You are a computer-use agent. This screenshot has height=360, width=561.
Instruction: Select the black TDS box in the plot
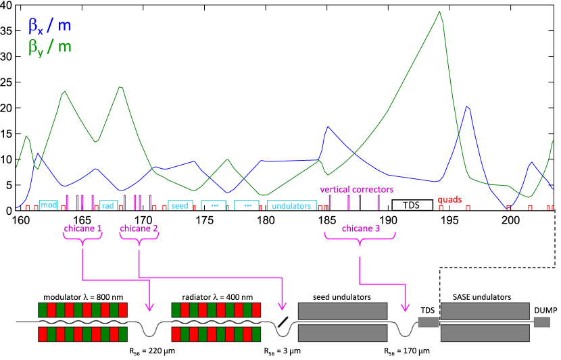412,205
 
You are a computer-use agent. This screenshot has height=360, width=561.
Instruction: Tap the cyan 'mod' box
48,205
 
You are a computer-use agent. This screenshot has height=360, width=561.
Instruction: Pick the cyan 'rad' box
108,205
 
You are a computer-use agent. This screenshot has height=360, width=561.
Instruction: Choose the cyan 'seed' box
180,205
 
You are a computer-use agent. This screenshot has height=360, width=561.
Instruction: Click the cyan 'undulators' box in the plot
291,205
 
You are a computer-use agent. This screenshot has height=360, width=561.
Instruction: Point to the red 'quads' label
449,200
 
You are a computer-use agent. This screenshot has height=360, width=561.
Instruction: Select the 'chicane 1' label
82,228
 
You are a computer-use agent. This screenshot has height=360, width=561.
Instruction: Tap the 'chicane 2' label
139,228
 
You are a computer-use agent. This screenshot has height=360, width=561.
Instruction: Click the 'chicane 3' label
360,228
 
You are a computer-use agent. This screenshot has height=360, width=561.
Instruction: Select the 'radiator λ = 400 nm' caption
216,297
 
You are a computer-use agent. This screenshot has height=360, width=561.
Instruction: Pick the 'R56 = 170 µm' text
406,351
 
